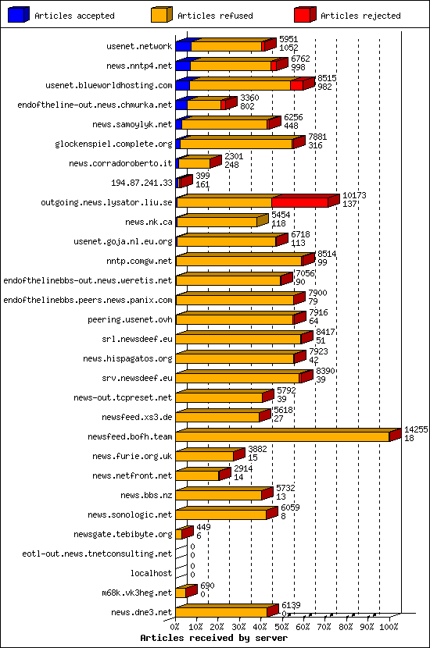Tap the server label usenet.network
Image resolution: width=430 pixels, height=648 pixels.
(138, 46)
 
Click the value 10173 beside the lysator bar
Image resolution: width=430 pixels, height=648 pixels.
(354, 195)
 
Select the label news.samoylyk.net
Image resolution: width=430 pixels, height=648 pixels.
(131, 124)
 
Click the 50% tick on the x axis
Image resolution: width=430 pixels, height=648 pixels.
(282, 625)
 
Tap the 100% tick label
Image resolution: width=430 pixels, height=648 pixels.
(389, 625)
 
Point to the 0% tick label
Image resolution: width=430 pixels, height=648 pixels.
(174, 625)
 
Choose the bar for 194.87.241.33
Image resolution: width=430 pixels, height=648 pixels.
(182, 183)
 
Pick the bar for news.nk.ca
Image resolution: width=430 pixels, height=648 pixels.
(217, 222)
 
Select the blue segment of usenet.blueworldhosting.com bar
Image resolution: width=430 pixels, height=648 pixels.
(182, 85)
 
